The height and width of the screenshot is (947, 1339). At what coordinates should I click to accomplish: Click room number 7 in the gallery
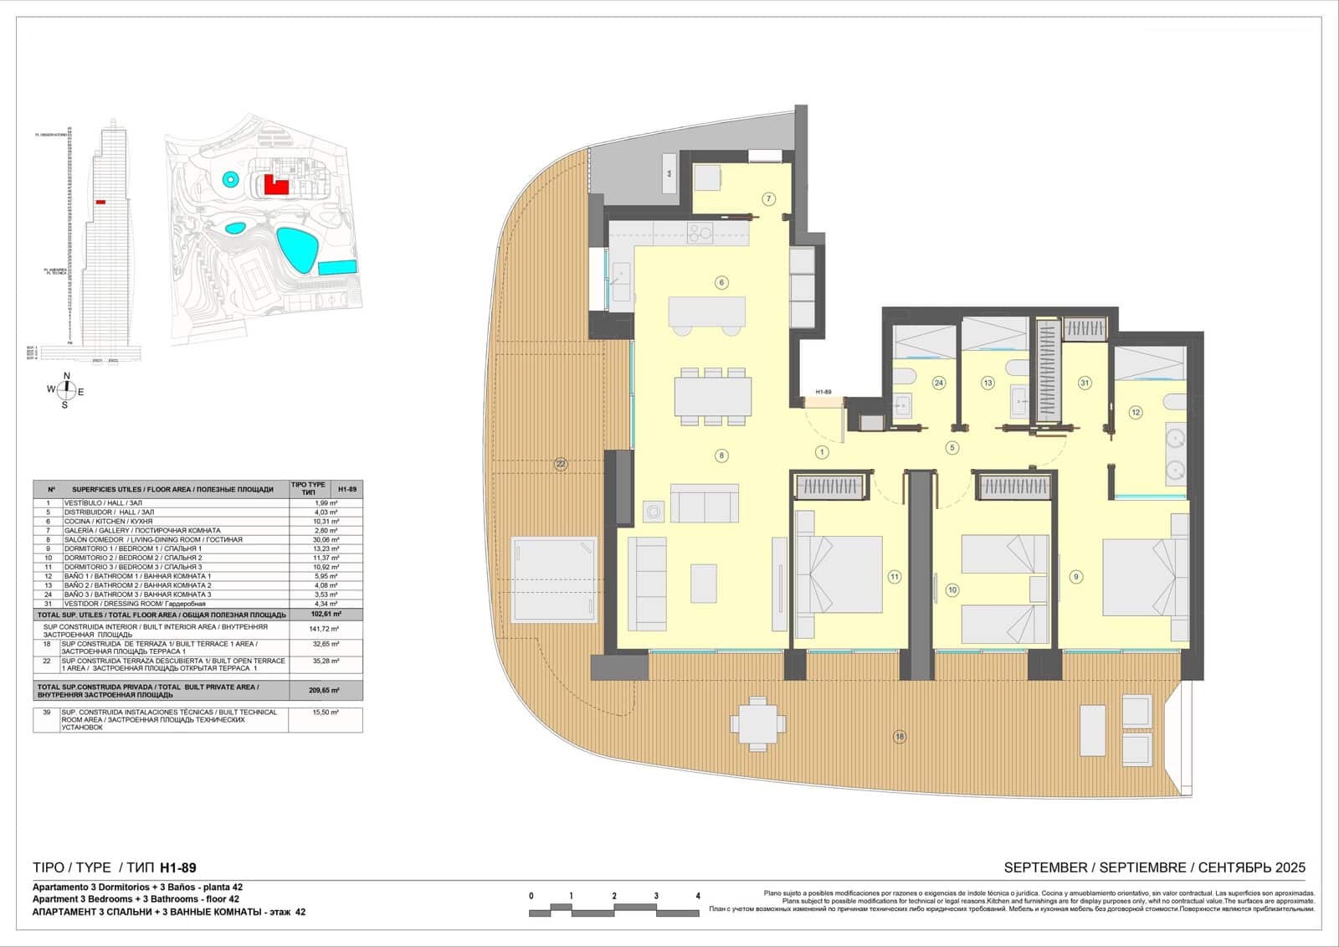[x=768, y=198]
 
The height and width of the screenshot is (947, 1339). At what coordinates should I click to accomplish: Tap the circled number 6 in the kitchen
[x=721, y=283]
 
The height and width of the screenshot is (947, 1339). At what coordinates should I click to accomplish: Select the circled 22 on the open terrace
[x=560, y=463]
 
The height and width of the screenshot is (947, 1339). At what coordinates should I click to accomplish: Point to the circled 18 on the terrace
[x=900, y=737]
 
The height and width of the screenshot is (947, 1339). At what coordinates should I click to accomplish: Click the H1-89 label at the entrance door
[x=823, y=392]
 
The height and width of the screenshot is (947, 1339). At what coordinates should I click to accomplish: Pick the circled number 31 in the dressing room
[x=1085, y=383]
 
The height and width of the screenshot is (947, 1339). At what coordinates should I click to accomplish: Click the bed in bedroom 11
[x=839, y=576]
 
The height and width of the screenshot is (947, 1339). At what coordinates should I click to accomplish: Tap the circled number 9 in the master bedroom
[x=1075, y=576]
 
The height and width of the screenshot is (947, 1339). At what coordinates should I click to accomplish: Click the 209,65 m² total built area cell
[x=326, y=691]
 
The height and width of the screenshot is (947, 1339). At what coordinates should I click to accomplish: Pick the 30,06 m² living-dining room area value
[x=326, y=539]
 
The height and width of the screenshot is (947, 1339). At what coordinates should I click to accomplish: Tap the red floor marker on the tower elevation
[x=100, y=202]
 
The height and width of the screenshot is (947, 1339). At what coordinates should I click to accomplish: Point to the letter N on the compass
[x=67, y=376]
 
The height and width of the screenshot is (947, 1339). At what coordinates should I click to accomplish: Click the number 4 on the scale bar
[x=698, y=896]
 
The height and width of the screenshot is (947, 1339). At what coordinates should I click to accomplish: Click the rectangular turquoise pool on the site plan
[x=338, y=268]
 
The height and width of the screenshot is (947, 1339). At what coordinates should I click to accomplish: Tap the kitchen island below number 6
[x=707, y=313]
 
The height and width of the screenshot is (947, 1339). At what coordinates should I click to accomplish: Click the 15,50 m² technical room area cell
[x=326, y=712]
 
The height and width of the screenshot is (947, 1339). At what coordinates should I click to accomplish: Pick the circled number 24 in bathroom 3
[x=938, y=383]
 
